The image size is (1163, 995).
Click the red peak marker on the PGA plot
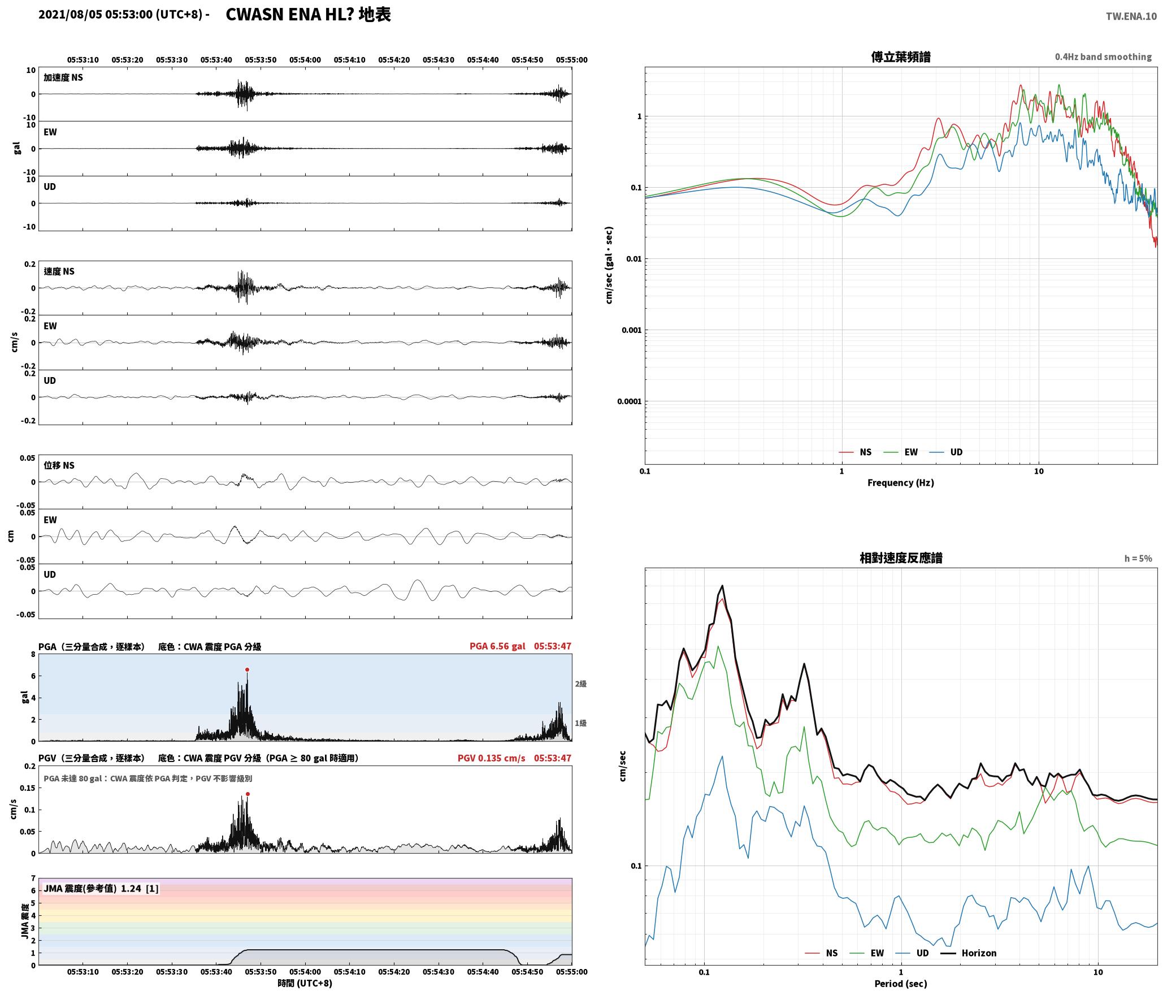pos(247,670)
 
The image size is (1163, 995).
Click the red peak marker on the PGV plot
pos(248,794)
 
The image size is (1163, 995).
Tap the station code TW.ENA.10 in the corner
pos(1131,16)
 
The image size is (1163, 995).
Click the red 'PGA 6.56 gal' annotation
pos(497,646)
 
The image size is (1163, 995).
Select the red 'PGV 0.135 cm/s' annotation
pos(491,758)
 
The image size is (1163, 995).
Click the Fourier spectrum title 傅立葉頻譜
pos(901,57)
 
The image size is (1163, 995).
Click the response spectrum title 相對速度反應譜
pos(901,558)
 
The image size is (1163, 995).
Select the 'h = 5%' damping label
pos(1138,559)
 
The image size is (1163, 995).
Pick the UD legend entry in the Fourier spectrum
pos(946,452)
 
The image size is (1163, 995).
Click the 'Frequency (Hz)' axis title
pos(901,483)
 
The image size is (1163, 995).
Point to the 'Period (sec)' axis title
pos(901,984)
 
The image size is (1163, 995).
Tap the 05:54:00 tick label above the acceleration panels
pos(305,60)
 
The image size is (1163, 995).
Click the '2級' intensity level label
pos(581,684)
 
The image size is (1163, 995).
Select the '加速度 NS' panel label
pos(63,77)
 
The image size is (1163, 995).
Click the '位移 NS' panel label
pos(59,465)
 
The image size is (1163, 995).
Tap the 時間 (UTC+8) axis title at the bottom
pos(305,983)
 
